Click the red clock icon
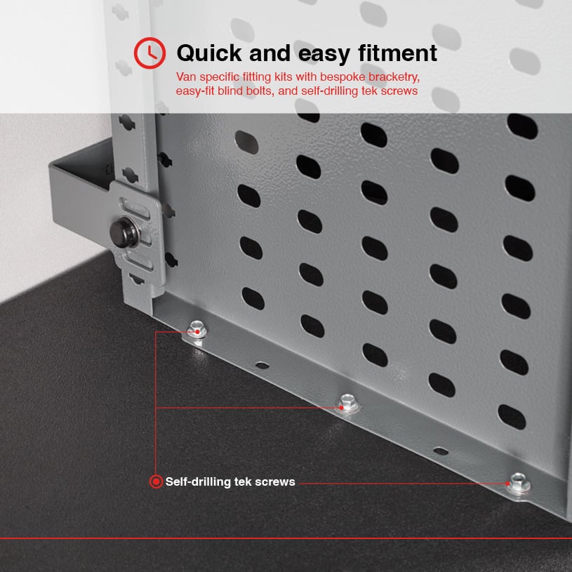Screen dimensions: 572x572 149,53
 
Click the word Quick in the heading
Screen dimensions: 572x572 209,53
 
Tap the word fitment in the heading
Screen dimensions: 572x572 398,53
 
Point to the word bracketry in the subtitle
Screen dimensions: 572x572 394,77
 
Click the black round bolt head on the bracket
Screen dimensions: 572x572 124,232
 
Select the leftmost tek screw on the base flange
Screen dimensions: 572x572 197,330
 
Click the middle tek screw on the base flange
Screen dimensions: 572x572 348,404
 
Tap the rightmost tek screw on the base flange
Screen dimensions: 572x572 519,483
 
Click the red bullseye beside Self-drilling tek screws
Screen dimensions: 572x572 156,481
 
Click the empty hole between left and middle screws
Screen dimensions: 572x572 262,365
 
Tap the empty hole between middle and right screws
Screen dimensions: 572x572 441,451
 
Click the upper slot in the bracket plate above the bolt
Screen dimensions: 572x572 135,208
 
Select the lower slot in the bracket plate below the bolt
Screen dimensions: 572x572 139,260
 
